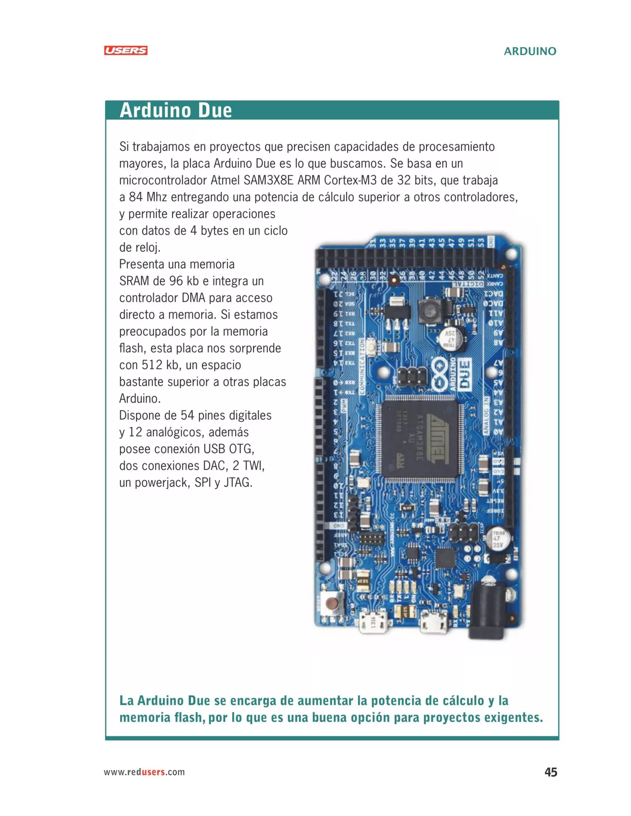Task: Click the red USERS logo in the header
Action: pos(126,50)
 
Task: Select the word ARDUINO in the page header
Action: pos(530,51)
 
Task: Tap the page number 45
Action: pos(551,772)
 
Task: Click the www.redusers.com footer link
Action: pos(144,772)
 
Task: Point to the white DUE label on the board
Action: pos(464,375)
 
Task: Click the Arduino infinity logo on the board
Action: pos(440,375)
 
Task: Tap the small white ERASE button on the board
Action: pos(372,347)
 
